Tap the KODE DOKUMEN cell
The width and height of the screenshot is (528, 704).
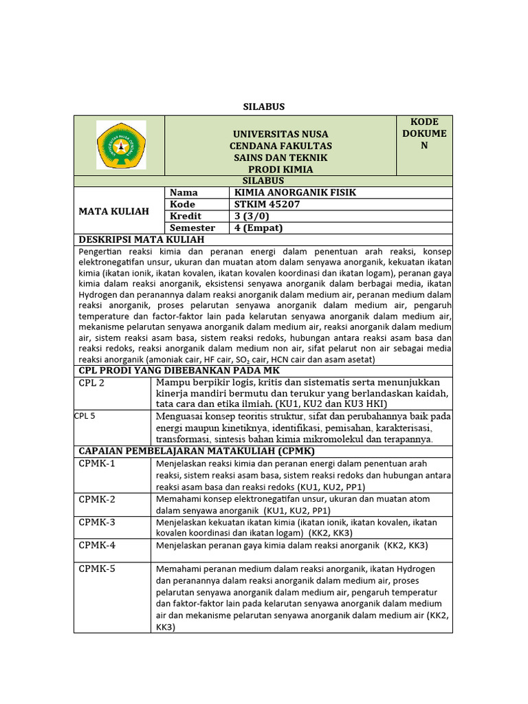pyautogui.click(x=424, y=133)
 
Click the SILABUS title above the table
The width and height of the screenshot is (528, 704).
pyautogui.click(x=263, y=107)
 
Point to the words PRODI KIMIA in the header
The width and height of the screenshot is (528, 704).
pyautogui.click(x=280, y=169)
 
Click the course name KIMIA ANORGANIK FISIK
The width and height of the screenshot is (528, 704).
pyautogui.click(x=296, y=192)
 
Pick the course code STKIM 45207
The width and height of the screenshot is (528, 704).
pyautogui.click(x=267, y=204)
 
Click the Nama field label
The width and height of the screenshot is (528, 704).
pyautogui.click(x=184, y=192)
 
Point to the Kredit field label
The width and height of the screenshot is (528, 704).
pyautogui.click(x=185, y=216)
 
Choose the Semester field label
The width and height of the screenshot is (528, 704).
pyautogui.click(x=192, y=228)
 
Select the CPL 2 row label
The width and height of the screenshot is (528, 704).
pyautogui.click(x=91, y=383)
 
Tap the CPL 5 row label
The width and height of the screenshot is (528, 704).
pyautogui.click(x=86, y=415)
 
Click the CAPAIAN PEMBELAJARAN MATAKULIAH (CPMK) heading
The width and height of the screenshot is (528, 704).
pyautogui.click(x=197, y=450)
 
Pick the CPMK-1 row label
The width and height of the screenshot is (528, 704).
pyautogui.click(x=97, y=463)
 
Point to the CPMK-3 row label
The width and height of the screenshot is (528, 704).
pyautogui.click(x=97, y=522)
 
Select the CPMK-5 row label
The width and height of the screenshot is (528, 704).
pyautogui.click(x=97, y=569)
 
